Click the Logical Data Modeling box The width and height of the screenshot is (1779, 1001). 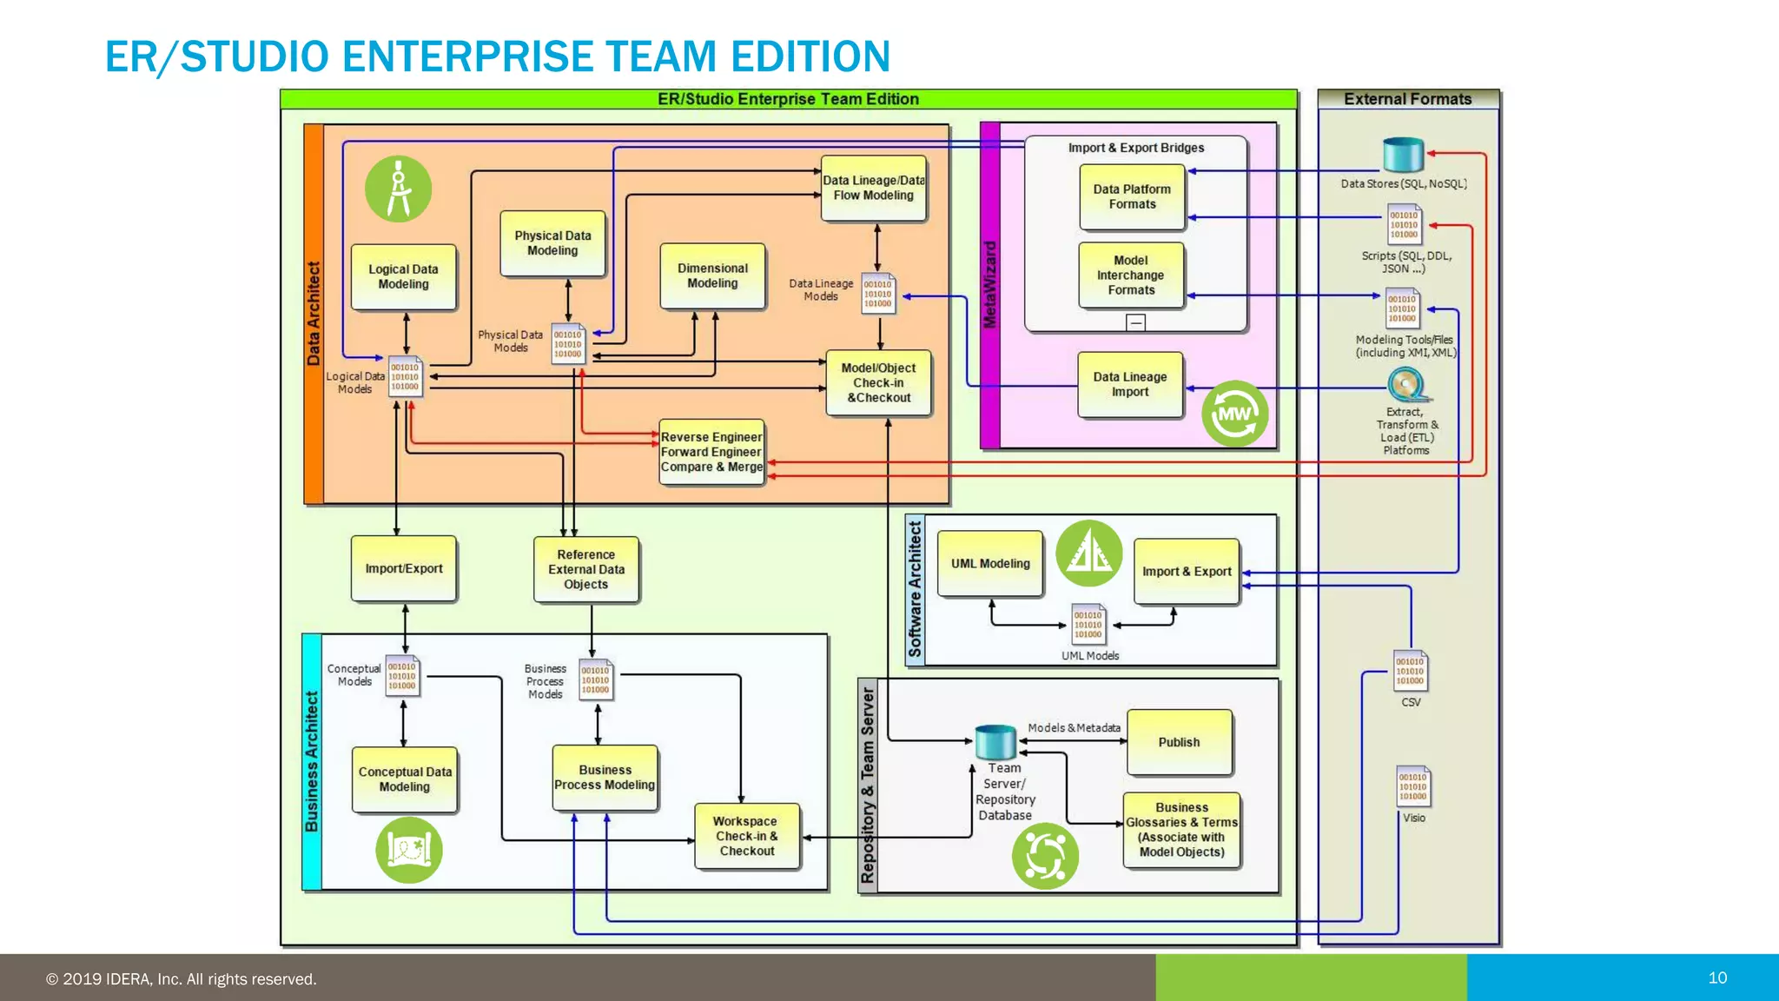coord(403,276)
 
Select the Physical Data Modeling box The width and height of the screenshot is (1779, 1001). coord(552,242)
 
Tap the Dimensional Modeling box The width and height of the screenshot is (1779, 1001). coord(712,275)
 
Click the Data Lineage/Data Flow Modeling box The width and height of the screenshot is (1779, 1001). coord(874,188)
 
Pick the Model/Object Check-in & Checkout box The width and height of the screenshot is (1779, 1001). coord(878,382)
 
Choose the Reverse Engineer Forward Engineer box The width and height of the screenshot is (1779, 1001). coord(711,451)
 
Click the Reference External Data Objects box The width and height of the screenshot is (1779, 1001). coord(586,569)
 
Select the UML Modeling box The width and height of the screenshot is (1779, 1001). coord(990,563)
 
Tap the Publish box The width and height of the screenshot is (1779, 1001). coord(1179,742)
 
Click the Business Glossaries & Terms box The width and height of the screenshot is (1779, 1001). coord(1181,829)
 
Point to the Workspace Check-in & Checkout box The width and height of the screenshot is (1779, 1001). coord(746,835)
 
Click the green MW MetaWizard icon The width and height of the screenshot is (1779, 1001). coord(1234,414)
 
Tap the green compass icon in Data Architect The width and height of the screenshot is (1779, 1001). coord(399,189)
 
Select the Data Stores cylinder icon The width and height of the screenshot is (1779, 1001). coord(1404,155)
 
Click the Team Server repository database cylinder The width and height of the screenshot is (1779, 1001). coord(995,741)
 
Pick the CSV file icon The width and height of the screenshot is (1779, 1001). coord(1411,671)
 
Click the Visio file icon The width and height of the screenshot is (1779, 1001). coord(1413,786)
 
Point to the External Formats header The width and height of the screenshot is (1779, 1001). coord(1407,99)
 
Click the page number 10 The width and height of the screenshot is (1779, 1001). coord(1717,978)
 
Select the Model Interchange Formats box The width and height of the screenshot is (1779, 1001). coord(1131,275)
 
